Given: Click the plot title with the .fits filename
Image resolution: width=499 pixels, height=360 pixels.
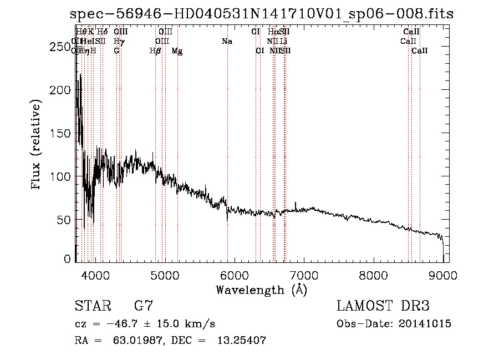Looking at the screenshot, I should (262, 14).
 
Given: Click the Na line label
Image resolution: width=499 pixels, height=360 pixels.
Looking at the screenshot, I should (227, 41).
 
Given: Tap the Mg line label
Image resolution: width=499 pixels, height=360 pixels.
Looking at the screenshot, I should (177, 51).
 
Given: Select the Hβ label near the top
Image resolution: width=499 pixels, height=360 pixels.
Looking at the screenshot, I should (155, 51).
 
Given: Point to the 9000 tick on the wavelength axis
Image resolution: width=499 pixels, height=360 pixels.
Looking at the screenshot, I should (443, 275).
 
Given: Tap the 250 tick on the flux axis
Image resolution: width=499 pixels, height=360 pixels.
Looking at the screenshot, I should (61, 47).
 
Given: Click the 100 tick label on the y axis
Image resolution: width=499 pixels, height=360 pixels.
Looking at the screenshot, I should (61, 176).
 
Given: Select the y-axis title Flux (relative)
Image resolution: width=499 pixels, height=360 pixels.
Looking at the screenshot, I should (37, 145).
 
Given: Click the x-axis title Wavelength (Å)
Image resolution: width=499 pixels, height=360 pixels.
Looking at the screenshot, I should (261, 290).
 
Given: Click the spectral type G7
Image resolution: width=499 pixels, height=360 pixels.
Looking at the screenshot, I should (144, 306).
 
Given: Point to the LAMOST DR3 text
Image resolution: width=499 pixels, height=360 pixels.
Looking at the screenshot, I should (383, 306).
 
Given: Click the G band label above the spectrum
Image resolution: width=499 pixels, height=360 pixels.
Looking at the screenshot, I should (116, 51).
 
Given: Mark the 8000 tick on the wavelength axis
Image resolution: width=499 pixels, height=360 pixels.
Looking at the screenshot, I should (373, 275).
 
